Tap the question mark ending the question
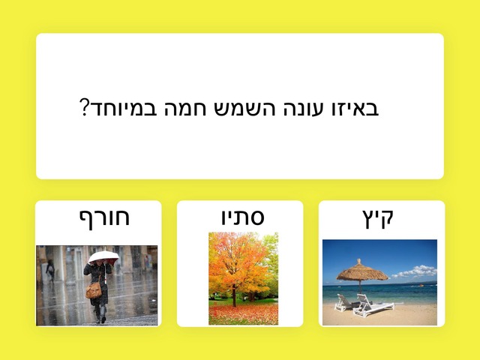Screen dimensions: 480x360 (84, 107)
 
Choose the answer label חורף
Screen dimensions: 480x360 (104, 218)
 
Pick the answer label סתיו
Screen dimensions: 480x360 (243, 217)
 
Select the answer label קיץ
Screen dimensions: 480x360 (378, 218)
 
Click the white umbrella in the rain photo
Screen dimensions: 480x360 (103, 256)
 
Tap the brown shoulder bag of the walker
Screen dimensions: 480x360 (94, 290)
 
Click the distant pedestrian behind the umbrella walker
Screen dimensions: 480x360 (50, 270)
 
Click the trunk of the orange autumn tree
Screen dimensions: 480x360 (234, 295)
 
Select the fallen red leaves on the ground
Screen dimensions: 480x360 (243, 315)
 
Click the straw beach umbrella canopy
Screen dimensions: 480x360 (362, 271)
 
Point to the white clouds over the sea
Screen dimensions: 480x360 (416, 271)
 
